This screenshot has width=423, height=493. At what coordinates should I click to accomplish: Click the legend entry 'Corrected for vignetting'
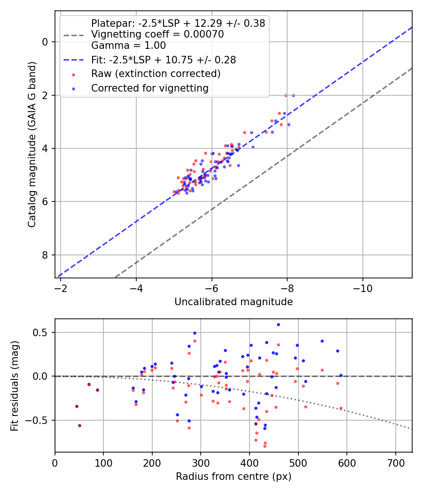point(150,88)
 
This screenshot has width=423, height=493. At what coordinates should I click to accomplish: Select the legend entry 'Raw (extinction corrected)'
point(156,74)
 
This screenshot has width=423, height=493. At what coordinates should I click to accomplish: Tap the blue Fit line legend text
point(164,60)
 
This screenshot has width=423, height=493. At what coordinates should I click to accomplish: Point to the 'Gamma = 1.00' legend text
point(128,45)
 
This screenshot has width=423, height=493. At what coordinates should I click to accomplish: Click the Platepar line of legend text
point(178,23)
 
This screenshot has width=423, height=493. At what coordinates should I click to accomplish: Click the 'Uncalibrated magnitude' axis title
point(234,302)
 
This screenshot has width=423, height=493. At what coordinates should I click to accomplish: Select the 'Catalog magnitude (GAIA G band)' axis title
point(32,144)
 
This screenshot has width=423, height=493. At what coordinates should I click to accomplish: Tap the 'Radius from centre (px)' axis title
point(234,477)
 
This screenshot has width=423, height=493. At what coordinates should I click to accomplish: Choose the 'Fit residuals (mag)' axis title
point(15,386)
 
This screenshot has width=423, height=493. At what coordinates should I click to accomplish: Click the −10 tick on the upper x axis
point(362,288)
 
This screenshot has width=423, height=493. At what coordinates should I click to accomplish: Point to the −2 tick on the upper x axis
point(61,288)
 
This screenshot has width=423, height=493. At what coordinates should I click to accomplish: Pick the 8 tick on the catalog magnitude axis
point(45,255)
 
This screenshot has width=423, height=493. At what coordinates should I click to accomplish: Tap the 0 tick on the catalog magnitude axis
point(45,42)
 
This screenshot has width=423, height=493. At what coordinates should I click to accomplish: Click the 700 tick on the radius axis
point(396,463)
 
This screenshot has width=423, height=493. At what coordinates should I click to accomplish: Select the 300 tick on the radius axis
point(201,463)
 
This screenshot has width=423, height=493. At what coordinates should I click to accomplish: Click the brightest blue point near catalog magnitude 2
point(293,95)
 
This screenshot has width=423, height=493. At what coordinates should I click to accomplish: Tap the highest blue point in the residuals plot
point(278,325)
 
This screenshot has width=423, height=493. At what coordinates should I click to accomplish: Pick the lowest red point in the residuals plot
point(265,446)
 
